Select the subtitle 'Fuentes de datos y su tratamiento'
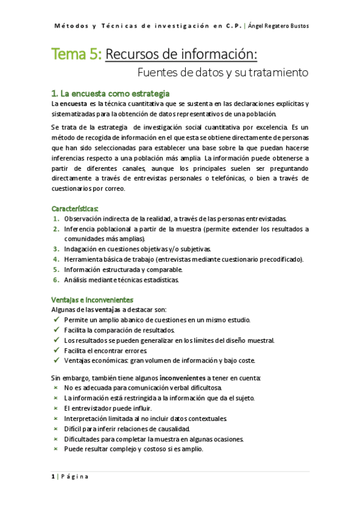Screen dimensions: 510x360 click(x=223, y=73)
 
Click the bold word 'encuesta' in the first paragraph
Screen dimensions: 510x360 click(x=76, y=103)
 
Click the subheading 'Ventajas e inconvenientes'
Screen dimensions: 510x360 click(x=92, y=299)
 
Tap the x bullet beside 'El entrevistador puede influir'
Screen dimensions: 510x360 click(x=55, y=408)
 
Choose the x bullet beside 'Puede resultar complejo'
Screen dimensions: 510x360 click(x=55, y=449)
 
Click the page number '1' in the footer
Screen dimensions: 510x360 click(x=53, y=477)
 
